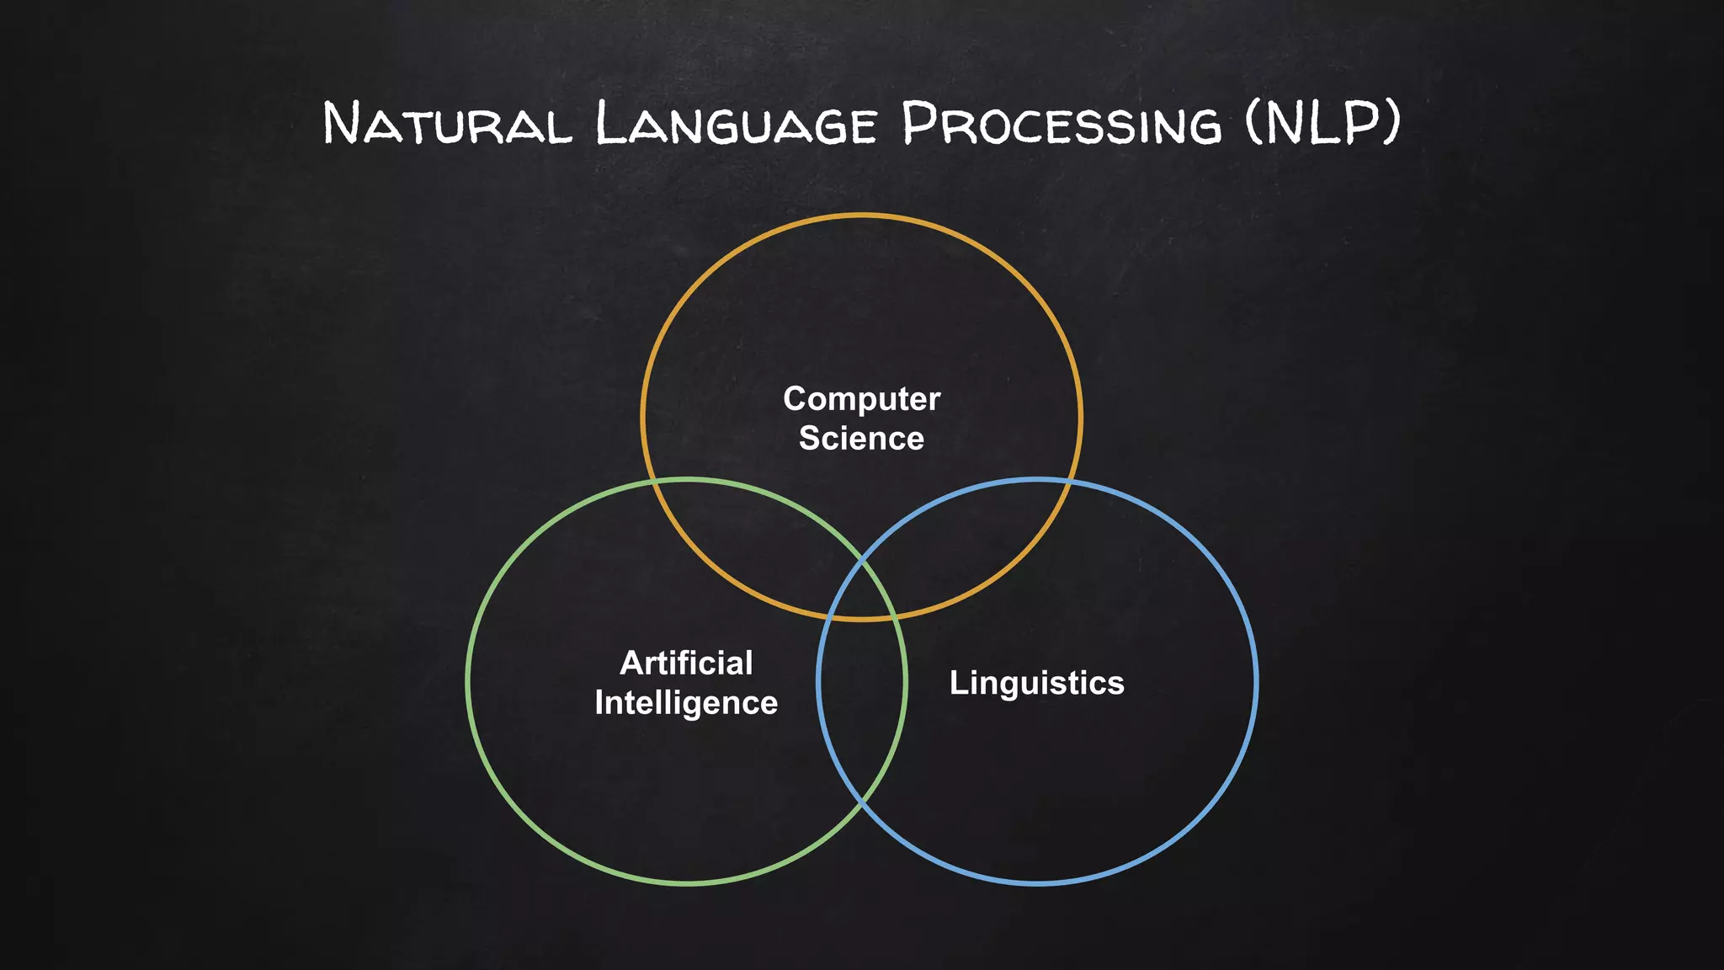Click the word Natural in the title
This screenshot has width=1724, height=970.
coord(447,124)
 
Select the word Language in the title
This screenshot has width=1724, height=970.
coord(737,124)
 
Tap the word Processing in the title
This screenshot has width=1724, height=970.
coord(1061,124)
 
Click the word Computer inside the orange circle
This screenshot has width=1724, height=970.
coord(861,399)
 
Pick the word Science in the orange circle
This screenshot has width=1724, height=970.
coord(861,439)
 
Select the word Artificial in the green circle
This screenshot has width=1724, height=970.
coord(686,664)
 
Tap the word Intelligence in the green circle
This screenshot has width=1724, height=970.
coord(686,703)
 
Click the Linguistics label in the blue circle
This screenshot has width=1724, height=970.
coord(1036,683)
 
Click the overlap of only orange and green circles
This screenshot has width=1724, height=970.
coord(741,539)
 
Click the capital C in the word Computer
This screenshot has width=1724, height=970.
coord(795,399)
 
